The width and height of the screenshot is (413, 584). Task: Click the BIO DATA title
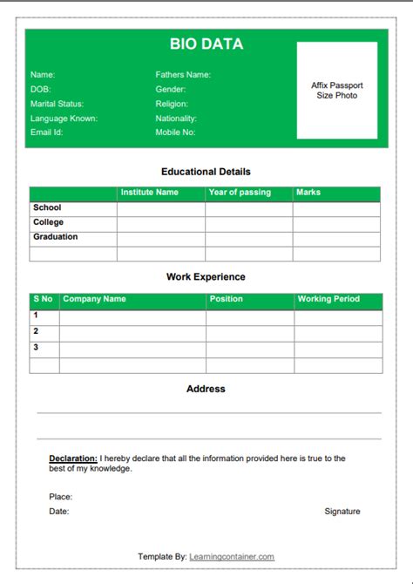point(206,44)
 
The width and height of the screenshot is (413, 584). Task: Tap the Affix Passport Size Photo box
point(336,91)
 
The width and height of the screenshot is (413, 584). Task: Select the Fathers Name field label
point(183,75)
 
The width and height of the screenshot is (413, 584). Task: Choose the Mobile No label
point(175,132)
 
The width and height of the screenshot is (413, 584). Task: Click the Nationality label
point(176,119)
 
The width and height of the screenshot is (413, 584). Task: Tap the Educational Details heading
point(206,173)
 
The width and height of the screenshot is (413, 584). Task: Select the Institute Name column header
point(149,193)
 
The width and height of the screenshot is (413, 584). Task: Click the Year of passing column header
point(240,193)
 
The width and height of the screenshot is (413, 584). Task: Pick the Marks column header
point(308,193)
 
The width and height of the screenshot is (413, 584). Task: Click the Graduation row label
point(56,237)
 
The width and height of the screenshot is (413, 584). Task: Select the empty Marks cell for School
point(336,209)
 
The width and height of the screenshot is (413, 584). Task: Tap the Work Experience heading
point(206,277)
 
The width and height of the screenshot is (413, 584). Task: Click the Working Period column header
point(328,299)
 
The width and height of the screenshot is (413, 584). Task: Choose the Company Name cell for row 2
point(132,332)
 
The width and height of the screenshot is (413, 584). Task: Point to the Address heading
point(206,389)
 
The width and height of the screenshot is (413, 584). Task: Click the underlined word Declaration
point(73,458)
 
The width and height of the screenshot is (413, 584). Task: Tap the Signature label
point(342,512)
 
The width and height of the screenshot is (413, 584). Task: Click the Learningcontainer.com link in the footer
point(231,557)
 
